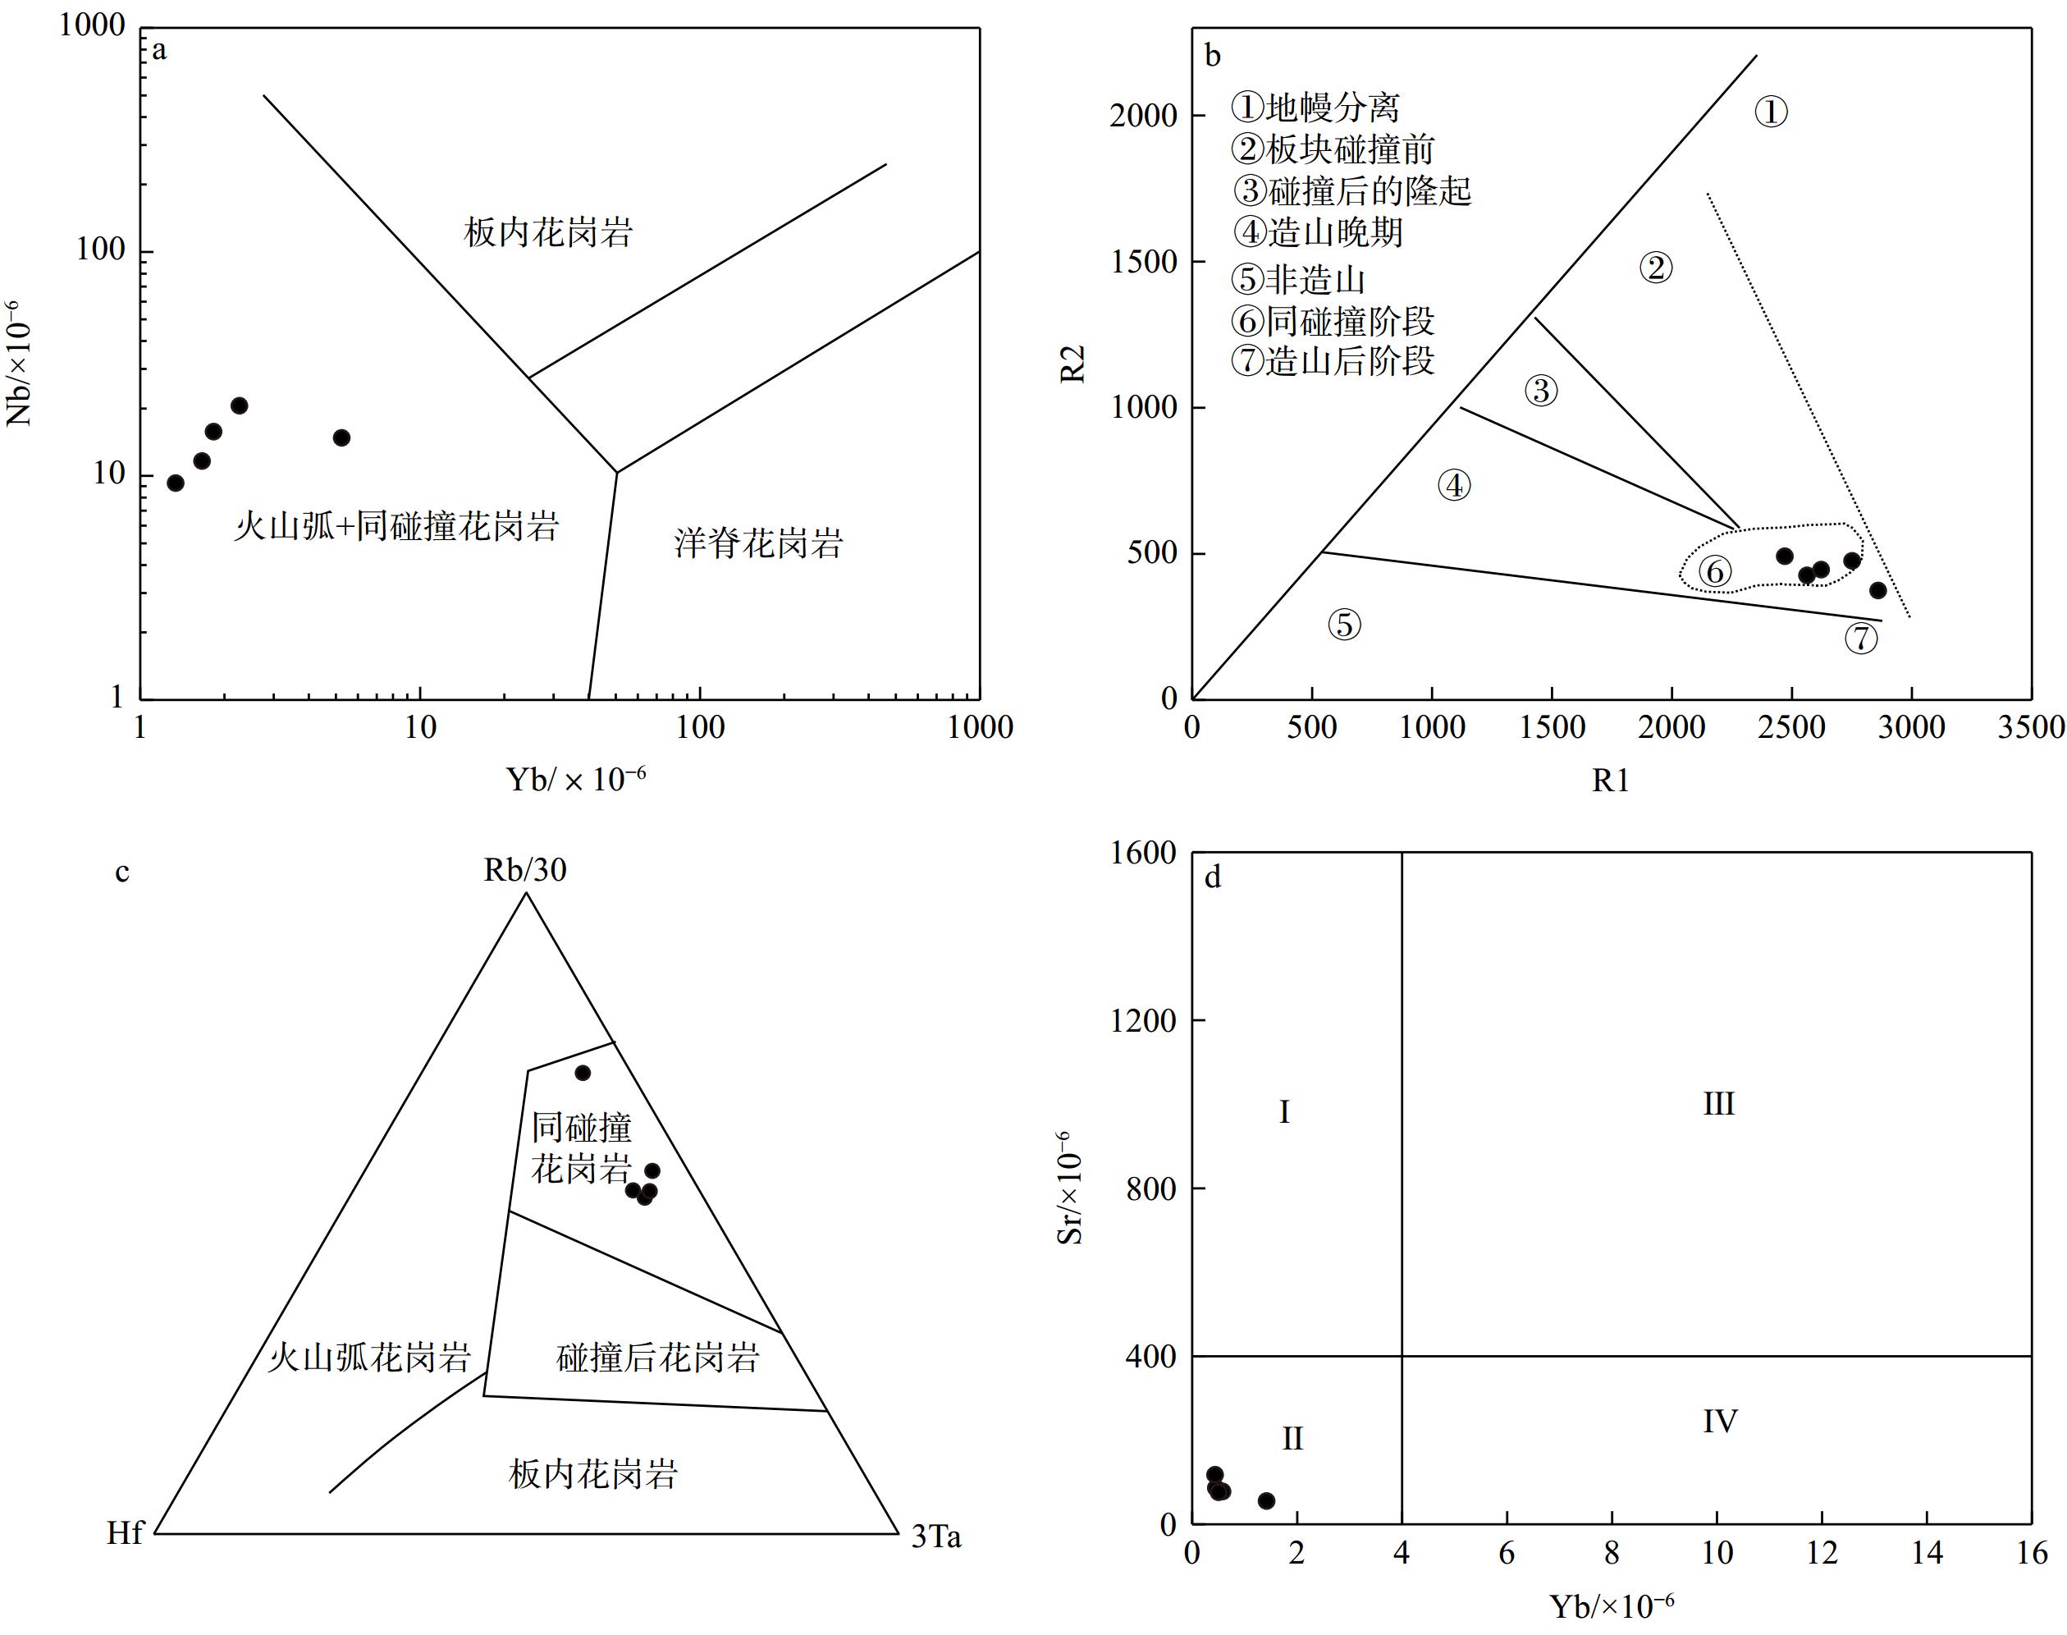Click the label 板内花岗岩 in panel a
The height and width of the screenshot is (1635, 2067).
pos(548,232)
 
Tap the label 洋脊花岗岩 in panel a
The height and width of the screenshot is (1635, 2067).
pos(758,543)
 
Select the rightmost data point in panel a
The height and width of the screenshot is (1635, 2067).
pos(341,437)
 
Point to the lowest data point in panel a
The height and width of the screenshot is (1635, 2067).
pos(175,483)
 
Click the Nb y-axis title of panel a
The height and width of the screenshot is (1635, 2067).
pos(19,364)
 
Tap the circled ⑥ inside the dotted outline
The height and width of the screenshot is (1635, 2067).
pos(1715,571)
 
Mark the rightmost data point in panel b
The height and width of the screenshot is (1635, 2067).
pos(1877,591)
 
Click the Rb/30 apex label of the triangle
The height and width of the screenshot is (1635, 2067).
pos(524,870)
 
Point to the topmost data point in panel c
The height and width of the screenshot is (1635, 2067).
pos(583,1072)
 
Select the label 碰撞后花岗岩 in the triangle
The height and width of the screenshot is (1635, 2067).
pos(657,1358)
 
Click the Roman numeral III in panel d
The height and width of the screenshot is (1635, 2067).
pos(1719,1104)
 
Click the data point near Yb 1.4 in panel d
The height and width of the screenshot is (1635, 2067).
pos(1266,1500)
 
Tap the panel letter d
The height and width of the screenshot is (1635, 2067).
pos(1213,877)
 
